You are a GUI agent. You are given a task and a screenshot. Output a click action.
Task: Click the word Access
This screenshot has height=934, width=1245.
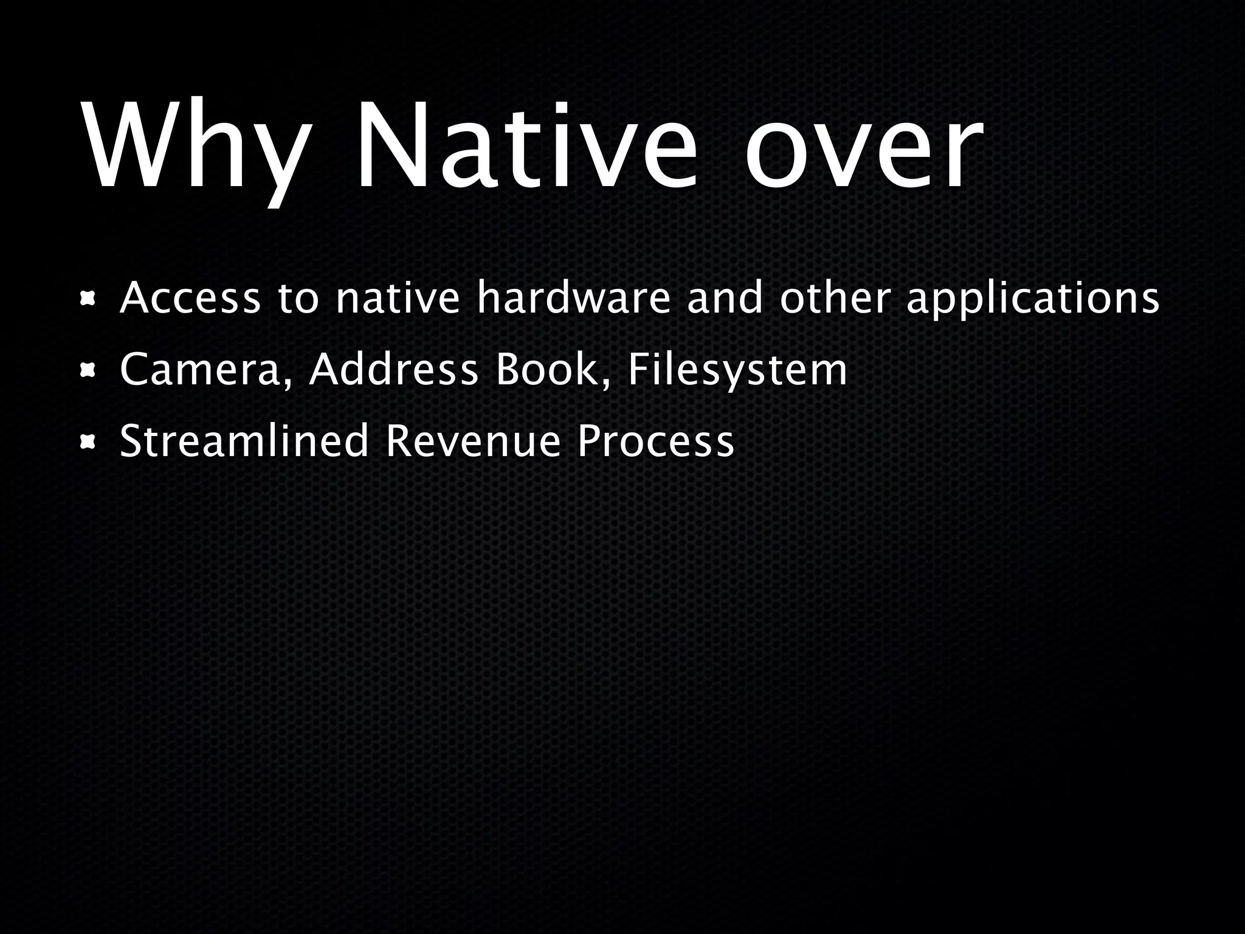point(190,299)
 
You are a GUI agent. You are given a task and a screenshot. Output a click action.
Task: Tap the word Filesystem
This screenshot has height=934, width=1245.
point(737,370)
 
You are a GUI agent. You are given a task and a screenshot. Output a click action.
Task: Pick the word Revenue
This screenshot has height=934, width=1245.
point(473,440)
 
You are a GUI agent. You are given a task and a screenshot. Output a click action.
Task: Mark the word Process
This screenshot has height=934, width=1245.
point(655,440)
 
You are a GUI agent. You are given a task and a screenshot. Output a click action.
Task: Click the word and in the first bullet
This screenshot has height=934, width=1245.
point(724,299)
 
